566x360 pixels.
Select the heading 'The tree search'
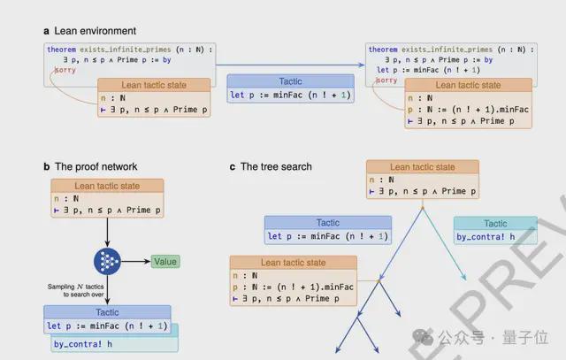click(x=276, y=166)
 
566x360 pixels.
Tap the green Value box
click(x=164, y=261)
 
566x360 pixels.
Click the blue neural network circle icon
click(x=107, y=262)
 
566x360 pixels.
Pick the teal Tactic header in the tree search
click(x=495, y=223)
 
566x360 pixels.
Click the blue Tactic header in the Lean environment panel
click(x=290, y=80)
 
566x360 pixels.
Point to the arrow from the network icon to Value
click(x=135, y=262)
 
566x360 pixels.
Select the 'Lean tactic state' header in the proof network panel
click(x=106, y=185)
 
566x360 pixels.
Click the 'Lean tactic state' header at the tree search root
click(x=422, y=166)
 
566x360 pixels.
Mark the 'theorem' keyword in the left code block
click(x=63, y=50)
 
